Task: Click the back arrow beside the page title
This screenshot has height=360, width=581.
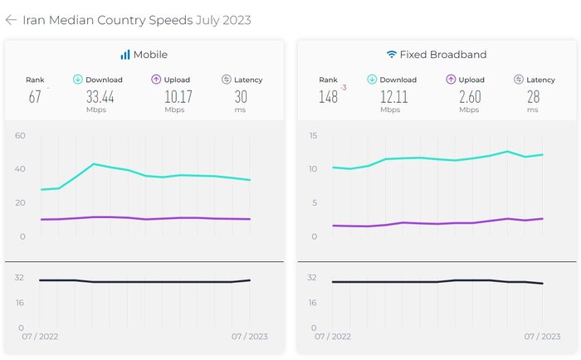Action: [x=11, y=20]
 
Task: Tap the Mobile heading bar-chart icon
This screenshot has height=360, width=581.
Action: [x=125, y=55]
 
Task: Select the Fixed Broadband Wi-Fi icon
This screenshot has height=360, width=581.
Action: [x=392, y=55]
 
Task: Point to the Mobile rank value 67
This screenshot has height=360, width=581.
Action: [x=35, y=97]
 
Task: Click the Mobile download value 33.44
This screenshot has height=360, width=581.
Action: [x=100, y=97]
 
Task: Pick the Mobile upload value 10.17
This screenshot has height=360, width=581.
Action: [x=174, y=97]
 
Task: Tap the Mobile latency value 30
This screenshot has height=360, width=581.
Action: [x=241, y=97]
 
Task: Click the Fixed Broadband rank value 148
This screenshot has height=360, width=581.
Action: [x=328, y=97]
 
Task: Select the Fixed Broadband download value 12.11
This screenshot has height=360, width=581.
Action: [x=393, y=97]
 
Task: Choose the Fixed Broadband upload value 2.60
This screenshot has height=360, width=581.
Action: [x=469, y=97]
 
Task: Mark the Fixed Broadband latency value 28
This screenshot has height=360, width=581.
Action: [x=533, y=97]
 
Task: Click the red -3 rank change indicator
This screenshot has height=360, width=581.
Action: [x=343, y=86]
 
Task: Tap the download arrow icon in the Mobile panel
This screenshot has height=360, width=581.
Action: [x=78, y=80]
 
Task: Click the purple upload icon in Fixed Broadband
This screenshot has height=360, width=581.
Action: [x=451, y=80]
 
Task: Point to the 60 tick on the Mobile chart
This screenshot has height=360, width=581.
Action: [x=20, y=135]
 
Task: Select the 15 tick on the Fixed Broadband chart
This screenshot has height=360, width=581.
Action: [x=313, y=135]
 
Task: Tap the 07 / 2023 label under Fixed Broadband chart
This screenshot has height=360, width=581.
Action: [x=542, y=337]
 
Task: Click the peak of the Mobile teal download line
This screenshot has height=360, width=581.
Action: [x=94, y=164]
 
